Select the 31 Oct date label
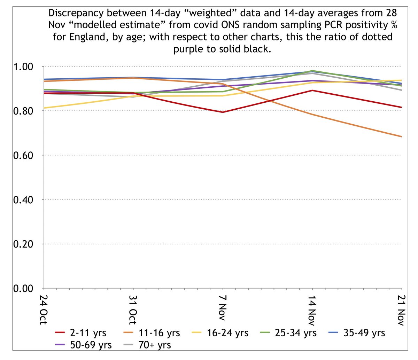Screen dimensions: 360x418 tap(133, 308)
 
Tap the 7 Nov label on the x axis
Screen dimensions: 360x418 tap(223, 306)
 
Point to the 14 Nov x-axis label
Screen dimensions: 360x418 tap(312, 308)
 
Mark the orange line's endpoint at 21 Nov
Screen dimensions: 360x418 tap(402, 137)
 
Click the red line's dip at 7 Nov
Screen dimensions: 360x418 tap(223, 112)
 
